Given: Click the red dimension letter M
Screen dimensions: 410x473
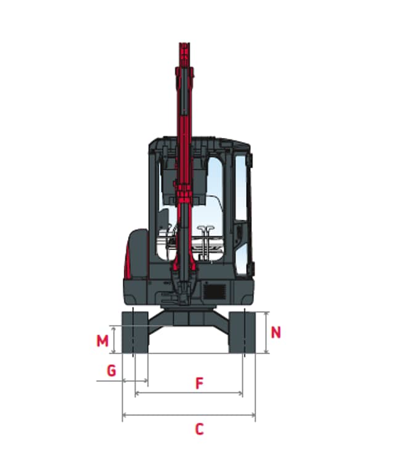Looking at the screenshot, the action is [x=102, y=341].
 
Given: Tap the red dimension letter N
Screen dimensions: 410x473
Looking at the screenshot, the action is [x=276, y=333].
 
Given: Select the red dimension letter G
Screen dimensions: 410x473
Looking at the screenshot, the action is [x=112, y=370].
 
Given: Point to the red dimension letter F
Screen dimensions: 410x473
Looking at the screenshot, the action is [x=199, y=383].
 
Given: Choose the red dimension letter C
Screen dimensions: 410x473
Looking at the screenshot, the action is [x=199, y=429].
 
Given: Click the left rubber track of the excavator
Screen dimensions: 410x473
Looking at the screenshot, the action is [x=135, y=333].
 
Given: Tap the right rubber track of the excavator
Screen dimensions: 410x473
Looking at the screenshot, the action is [x=242, y=333].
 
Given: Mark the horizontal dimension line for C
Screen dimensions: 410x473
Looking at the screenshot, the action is [x=189, y=415].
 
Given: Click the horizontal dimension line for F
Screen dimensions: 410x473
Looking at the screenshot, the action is [x=189, y=393].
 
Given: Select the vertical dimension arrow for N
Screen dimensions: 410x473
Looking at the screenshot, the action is [x=266, y=333].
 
